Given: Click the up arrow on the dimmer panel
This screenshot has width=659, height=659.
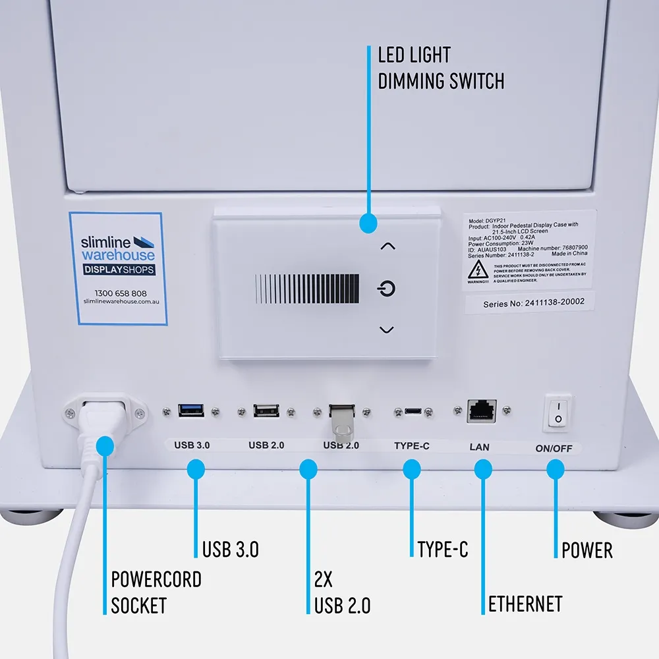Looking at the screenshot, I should tap(388, 246).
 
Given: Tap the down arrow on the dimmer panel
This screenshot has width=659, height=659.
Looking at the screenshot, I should tap(387, 329).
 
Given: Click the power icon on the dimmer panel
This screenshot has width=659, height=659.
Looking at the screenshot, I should tap(387, 289).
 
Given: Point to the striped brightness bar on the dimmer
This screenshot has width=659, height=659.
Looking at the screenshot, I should tap(307, 289).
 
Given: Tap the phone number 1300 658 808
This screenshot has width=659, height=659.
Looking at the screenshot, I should tap(121, 293).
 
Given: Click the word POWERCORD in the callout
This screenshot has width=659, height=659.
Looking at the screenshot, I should tap(156, 580).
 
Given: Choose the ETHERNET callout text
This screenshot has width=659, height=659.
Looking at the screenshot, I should tap(525, 604).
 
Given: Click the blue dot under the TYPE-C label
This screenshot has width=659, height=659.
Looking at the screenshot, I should tap(412, 469).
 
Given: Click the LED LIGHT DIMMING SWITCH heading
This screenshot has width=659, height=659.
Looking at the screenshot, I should tap(440, 68).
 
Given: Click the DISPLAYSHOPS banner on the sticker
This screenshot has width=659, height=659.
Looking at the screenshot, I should tap(119, 270).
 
